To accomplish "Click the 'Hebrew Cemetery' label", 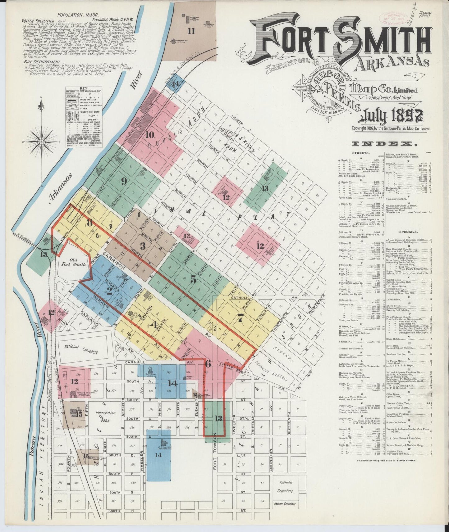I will pyautogui.click(x=285, y=503).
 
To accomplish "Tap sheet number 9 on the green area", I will pyautogui.click(x=124, y=182).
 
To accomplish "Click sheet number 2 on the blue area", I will pyautogui.click(x=109, y=291).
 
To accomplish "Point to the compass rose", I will pyautogui.click(x=41, y=142).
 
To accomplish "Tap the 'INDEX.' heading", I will pyautogui.click(x=384, y=144).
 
